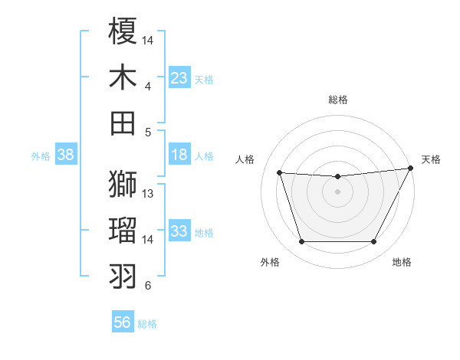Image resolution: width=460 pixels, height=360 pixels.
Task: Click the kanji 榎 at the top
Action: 123,31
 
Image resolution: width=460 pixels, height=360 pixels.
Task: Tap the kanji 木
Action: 123,78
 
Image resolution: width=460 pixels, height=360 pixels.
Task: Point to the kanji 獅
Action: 123,185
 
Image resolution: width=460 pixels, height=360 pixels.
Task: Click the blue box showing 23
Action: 179,78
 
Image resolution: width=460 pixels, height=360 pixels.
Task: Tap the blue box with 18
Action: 179,155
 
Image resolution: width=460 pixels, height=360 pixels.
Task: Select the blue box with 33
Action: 179,231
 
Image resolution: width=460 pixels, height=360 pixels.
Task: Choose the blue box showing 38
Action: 66,155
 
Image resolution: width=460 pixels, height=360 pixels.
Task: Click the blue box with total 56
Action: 123,322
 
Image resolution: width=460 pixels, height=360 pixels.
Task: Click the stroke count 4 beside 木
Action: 148,86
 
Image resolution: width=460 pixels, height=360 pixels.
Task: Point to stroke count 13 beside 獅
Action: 149,193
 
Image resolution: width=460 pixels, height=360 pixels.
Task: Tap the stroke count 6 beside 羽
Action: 148,286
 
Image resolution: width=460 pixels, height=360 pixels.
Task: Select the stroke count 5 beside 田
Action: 148,132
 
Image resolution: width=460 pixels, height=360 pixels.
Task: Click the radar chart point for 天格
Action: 411,169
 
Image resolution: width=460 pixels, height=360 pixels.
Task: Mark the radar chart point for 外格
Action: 301,242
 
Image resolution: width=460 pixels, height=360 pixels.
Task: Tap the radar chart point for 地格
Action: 374,242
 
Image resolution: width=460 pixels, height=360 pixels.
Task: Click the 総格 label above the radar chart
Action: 338,100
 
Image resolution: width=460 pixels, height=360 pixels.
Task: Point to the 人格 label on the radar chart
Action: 245,159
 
